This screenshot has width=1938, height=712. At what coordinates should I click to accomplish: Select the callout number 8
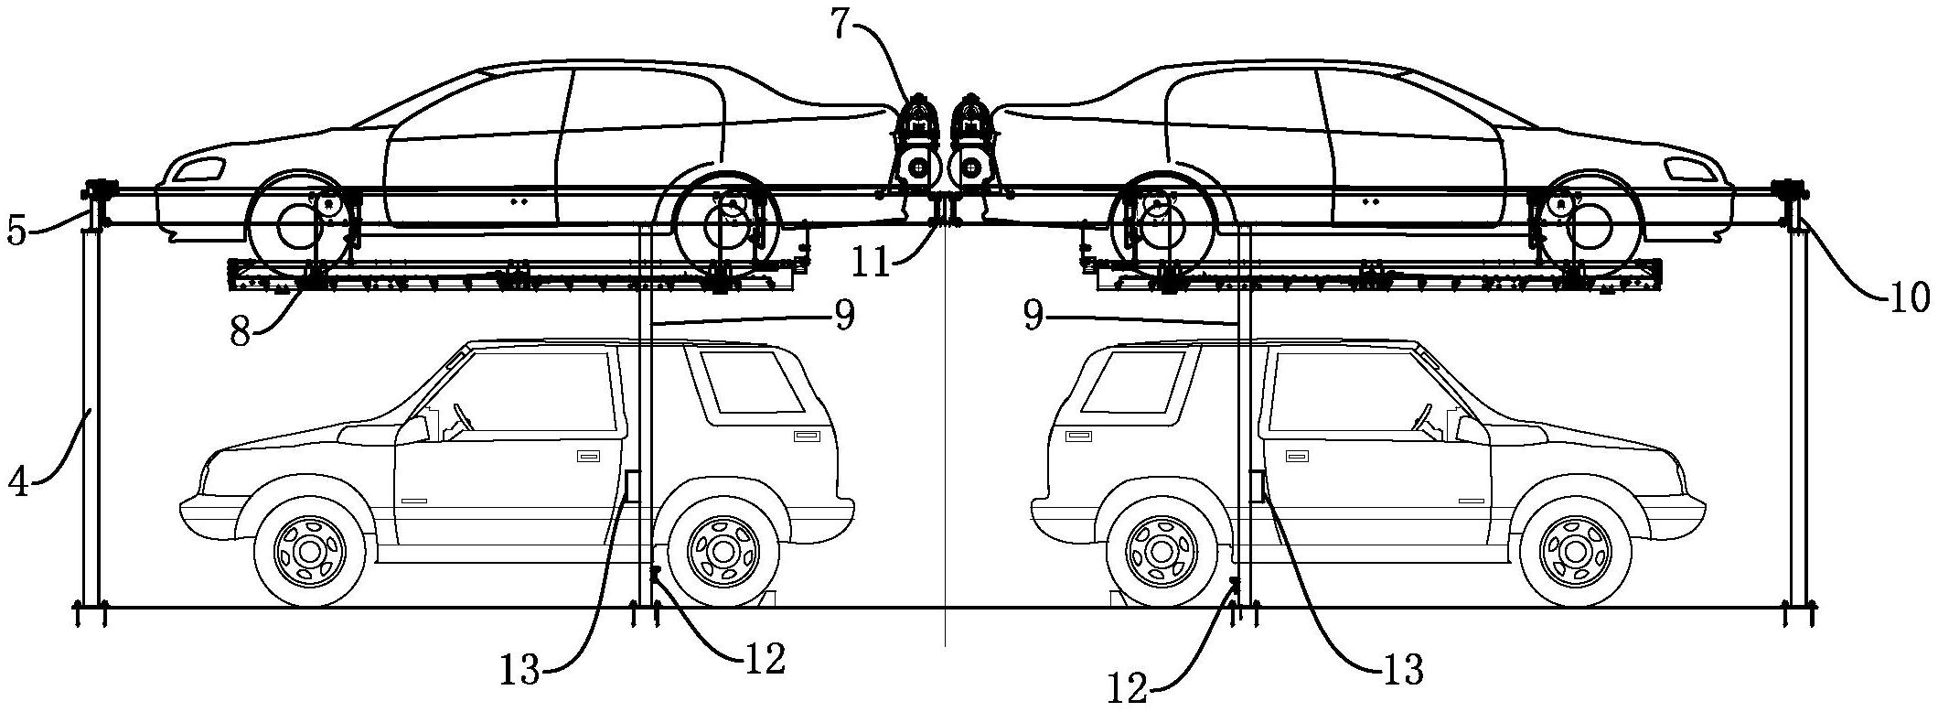tap(241, 331)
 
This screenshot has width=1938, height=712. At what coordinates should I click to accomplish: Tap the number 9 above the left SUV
tap(842, 316)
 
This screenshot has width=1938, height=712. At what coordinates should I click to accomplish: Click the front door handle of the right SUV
tap(1296, 455)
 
